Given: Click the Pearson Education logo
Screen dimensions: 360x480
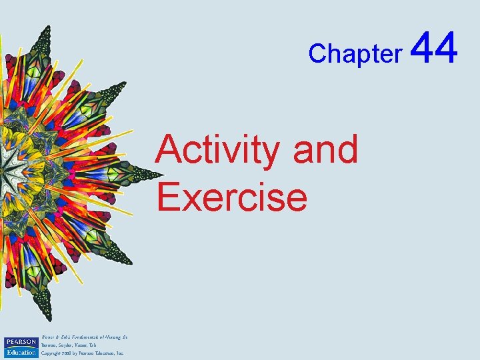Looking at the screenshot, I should click(x=20, y=347).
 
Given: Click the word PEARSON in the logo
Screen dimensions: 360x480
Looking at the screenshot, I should click(x=20, y=342).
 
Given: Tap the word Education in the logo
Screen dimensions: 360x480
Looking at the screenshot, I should click(x=20, y=352).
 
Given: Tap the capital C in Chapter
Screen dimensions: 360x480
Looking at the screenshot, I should click(x=316, y=53).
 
